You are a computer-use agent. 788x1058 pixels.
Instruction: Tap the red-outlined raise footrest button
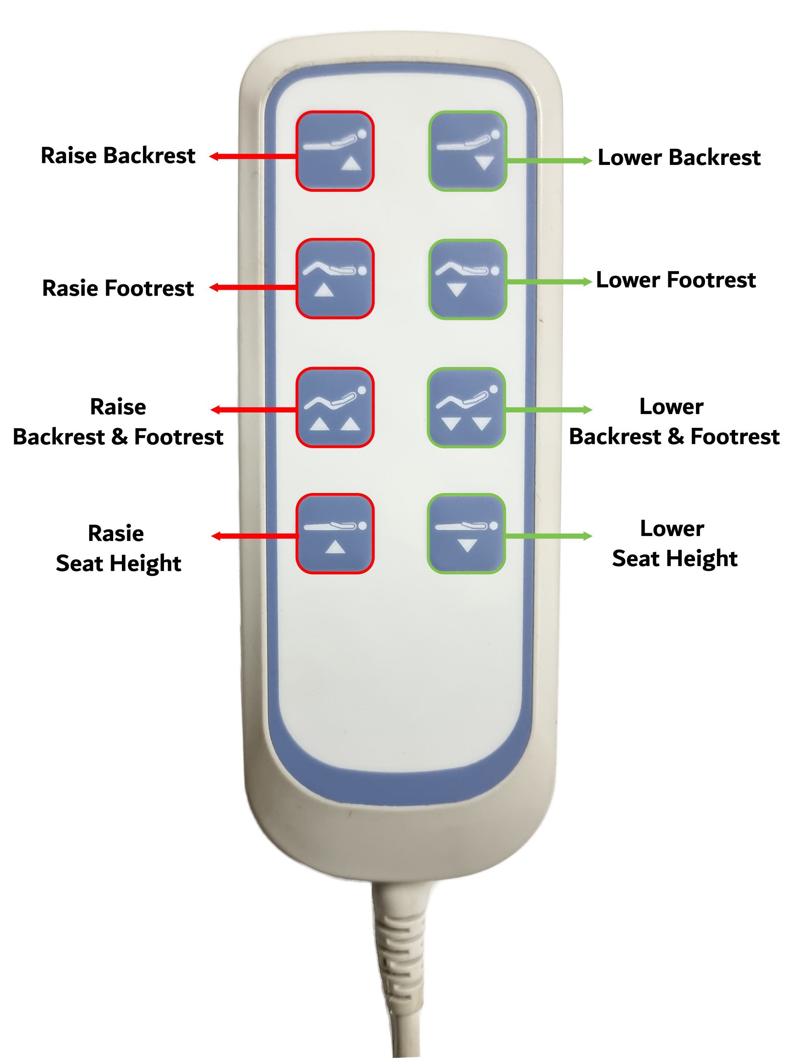[335, 278]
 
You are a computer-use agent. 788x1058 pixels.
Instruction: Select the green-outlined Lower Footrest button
[468, 279]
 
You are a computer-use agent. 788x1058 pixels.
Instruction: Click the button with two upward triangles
[335, 407]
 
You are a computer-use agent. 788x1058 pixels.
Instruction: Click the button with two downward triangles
[467, 407]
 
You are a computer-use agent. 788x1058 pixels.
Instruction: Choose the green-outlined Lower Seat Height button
[467, 533]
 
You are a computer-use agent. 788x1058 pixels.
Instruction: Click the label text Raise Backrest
[118, 155]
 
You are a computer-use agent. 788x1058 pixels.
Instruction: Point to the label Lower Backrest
[679, 157]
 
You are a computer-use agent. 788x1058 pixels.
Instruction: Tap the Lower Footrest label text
[676, 280]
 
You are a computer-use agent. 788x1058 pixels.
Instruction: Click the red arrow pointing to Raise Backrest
[253, 156]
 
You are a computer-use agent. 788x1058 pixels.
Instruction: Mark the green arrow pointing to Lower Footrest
[548, 281]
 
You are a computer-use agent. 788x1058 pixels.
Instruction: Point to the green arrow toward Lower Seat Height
[548, 536]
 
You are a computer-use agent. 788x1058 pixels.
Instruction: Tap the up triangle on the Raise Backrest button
[351, 164]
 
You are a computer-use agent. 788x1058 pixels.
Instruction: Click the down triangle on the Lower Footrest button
[456, 289]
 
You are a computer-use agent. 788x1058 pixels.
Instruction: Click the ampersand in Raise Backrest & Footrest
[119, 437]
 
